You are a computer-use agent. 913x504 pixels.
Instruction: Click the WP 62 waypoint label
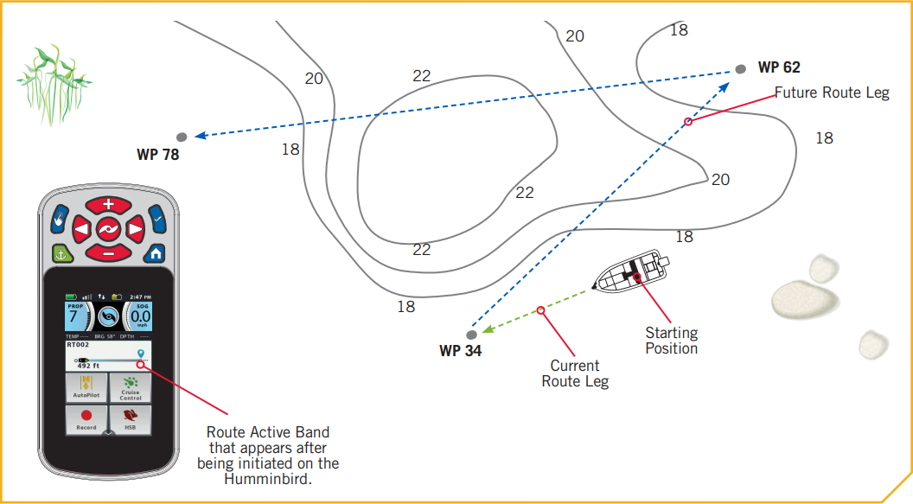(780, 67)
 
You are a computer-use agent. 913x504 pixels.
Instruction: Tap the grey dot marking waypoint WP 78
(182, 137)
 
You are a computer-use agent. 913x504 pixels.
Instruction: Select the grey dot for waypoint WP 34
(471, 335)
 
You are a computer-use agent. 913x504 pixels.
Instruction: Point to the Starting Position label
(672, 340)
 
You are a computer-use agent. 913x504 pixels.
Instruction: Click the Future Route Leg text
(831, 93)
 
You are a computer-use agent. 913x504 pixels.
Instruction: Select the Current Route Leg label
(575, 373)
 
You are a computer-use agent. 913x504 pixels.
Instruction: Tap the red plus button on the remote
(108, 205)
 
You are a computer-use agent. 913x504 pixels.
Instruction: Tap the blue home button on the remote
(155, 253)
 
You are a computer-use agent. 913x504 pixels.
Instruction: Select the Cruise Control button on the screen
(131, 387)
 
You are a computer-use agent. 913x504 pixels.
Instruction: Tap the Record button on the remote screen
(86, 419)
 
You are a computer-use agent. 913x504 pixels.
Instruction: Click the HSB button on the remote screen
(131, 419)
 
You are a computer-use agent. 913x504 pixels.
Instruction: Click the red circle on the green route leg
(540, 310)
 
